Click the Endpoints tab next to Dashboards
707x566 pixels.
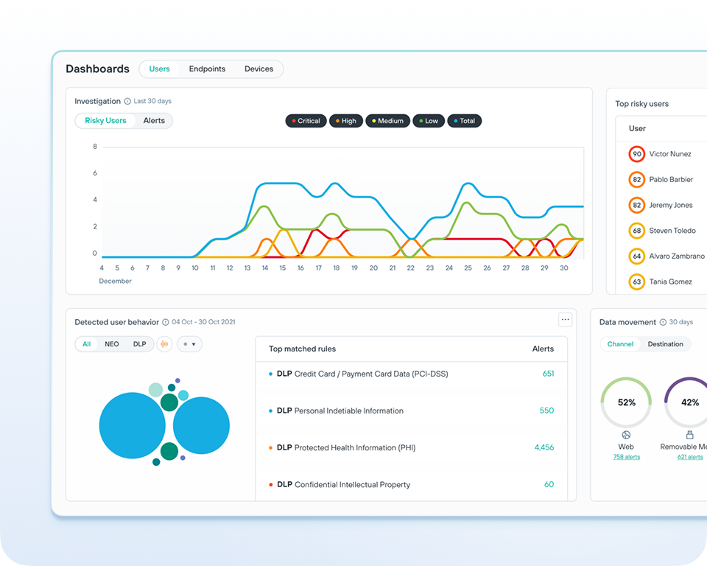(207, 69)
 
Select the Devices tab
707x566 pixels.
(258, 69)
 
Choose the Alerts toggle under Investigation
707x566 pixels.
(154, 121)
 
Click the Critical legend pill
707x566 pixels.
(306, 121)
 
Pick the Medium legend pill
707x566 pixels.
(387, 121)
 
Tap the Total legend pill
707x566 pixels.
(464, 121)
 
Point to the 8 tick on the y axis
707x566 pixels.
(95, 147)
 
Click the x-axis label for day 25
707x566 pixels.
(468, 268)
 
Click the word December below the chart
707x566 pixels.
(116, 282)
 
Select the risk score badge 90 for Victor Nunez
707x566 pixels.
(637, 154)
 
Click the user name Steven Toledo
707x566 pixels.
(672, 231)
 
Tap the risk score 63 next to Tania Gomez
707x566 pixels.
(637, 282)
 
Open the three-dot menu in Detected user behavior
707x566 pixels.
(565, 320)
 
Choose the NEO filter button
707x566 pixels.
(112, 344)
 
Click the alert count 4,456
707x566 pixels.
(544, 447)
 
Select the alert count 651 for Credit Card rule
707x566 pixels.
(548, 374)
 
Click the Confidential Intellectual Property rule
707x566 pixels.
(352, 485)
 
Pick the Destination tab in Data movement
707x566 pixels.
(665, 344)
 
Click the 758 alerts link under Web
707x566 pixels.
(626, 457)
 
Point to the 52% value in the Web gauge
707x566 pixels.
(627, 402)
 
